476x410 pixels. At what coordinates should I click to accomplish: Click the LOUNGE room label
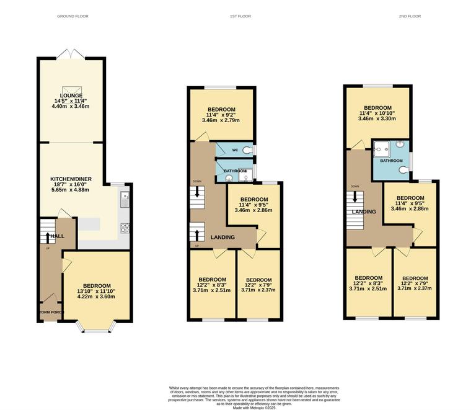click(x=71, y=96)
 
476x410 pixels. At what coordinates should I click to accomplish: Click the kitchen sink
click(x=124, y=200)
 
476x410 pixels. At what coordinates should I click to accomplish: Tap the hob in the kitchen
click(x=124, y=228)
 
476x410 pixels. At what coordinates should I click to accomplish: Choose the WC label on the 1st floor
click(x=235, y=150)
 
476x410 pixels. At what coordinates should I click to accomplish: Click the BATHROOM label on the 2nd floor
click(x=391, y=161)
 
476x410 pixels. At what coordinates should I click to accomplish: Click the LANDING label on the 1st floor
click(x=223, y=237)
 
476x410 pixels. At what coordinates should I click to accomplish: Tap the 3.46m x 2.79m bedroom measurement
click(x=221, y=120)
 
